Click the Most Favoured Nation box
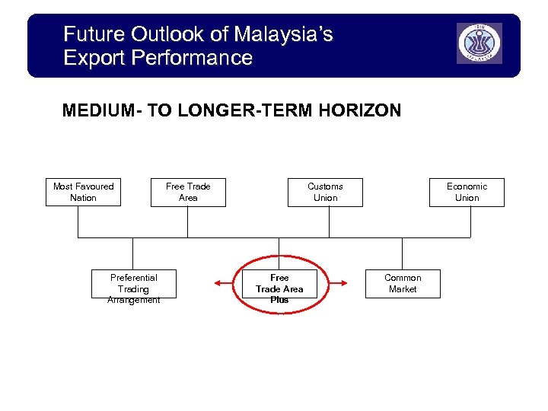click(x=83, y=192)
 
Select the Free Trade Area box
click(x=188, y=192)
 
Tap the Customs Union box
click(x=325, y=192)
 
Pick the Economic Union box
click(x=467, y=192)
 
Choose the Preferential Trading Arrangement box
click(x=134, y=284)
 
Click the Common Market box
click(x=403, y=284)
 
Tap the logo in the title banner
click(x=479, y=43)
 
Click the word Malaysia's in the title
click(x=284, y=34)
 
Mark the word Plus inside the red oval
click(x=279, y=300)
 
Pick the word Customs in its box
click(x=325, y=186)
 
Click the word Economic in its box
click(x=467, y=186)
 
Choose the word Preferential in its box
click(x=134, y=278)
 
